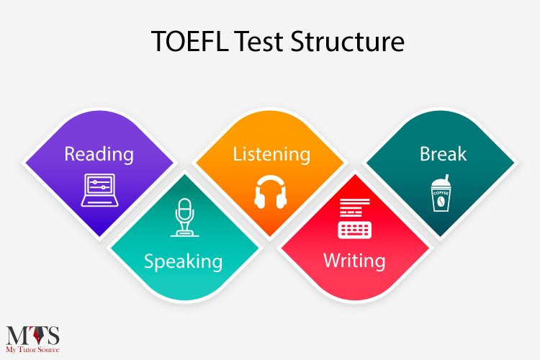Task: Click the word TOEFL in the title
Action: [190, 41]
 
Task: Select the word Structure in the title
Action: [348, 41]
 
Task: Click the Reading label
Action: [99, 154]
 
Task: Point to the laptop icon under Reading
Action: [100, 190]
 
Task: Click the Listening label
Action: [271, 154]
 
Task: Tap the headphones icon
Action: [271, 192]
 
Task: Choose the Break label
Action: [443, 154]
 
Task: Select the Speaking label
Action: [183, 261]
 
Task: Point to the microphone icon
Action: [184, 217]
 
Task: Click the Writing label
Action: [354, 261]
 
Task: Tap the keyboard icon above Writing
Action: [355, 230]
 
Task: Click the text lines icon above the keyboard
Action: [355, 207]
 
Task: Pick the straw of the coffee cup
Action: [446, 179]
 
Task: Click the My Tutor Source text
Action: [32, 350]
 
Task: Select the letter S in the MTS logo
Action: [53, 336]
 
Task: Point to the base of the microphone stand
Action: [184, 234]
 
